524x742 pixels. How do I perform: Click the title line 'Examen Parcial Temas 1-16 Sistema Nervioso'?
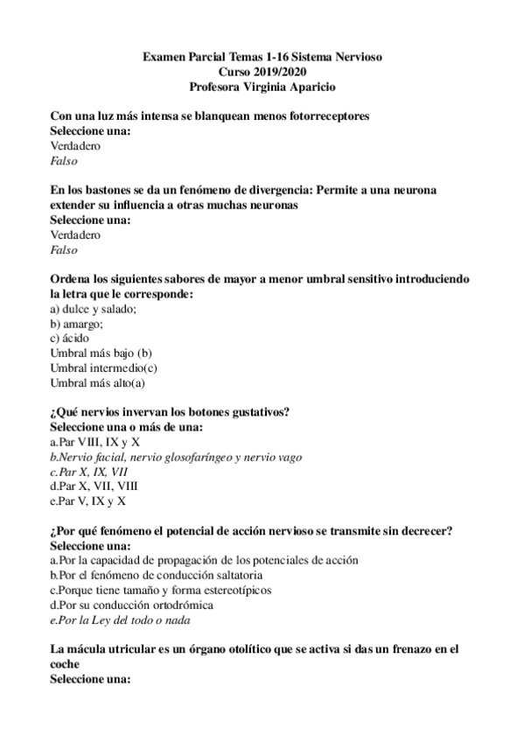click(262, 57)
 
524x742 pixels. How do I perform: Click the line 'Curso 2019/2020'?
click(262, 72)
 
